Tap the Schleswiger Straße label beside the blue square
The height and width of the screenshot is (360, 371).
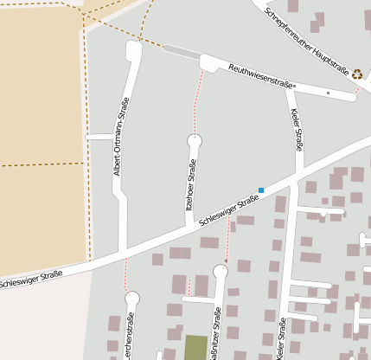[x=229, y=210]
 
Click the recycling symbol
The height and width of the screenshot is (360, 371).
[x=357, y=75]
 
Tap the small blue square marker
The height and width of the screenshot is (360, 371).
[x=261, y=190]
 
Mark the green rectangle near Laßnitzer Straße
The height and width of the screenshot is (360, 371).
[x=196, y=347]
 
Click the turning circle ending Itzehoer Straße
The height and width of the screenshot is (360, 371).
[x=195, y=140]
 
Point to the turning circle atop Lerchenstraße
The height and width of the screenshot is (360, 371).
[x=131, y=299]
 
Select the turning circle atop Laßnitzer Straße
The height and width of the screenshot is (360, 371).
[x=221, y=272]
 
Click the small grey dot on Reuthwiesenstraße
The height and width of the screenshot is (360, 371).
[x=328, y=92]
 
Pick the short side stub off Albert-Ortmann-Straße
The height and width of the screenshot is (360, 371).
[x=99, y=137]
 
